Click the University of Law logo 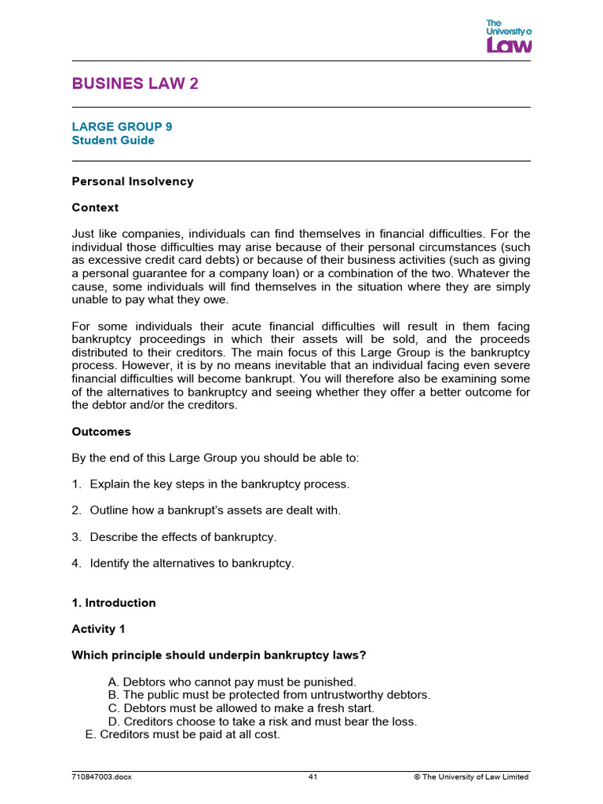point(509,36)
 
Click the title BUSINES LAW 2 point(135,84)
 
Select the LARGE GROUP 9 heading point(122,126)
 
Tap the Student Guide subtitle point(113,141)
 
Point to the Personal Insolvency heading point(133,181)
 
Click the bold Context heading point(95,208)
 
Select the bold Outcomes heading point(101,432)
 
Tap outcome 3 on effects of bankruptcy point(183,537)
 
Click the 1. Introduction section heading point(114,603)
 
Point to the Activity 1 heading point(98,629)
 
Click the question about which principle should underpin point(219,656)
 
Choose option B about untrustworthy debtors point(269,695)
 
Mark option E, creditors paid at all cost point(182,735)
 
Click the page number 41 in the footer point(312,777)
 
